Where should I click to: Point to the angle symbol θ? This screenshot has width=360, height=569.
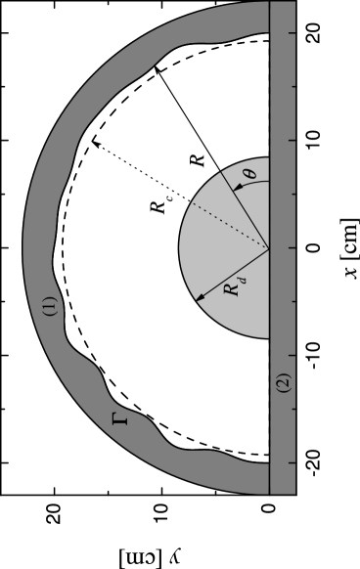pyautogui.click(x=249, y=174)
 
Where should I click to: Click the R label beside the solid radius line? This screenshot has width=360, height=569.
pyautogui.click(x=197, y=157)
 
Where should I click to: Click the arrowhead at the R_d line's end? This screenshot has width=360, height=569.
pyautogui.click(x=199, y=298)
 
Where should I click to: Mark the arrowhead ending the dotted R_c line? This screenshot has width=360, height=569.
pyautogui.click(x=95, y=143)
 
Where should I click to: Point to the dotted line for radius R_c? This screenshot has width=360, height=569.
pyautogui.click(x=181, y=196)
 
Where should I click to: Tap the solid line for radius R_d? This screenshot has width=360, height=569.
pyautogui.click(x=235, y=273)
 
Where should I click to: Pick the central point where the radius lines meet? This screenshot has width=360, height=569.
pyautogui.click(x=268, y=247)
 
